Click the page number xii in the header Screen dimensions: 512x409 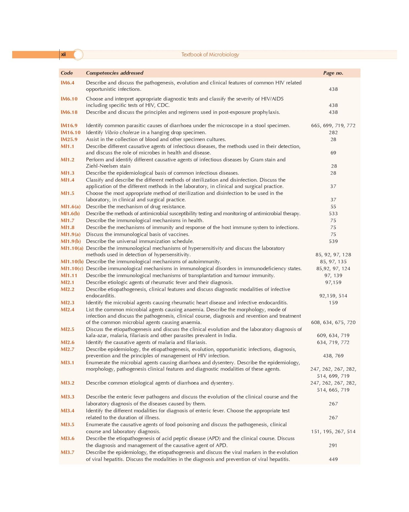(x=63, y=54)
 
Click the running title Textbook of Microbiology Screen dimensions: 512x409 (x=210, y=55)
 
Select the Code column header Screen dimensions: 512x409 (x=67, y=73)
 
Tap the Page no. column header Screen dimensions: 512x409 (x=333, y=73)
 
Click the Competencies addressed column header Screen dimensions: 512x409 (x=115, y=73)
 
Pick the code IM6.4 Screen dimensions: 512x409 (x=67, y=83)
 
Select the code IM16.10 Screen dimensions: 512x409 (x=70, y=133)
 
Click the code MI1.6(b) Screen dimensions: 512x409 (x=70, y=214)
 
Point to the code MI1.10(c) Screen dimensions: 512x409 (x=72, y=268)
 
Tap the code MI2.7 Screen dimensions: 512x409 (x=67, y=349)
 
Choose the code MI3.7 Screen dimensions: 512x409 (x=67, y=452)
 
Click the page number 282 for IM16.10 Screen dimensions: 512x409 (x=333, y=133)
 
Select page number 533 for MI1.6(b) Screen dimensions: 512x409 (x=333, y=214)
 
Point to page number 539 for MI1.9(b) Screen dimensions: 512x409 (x=333, y=241)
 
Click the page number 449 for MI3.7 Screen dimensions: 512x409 (x=333, y=459)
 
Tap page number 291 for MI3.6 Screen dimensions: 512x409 (x=333, y=445)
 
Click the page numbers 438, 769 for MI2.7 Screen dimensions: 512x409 (x=333, y=355)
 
